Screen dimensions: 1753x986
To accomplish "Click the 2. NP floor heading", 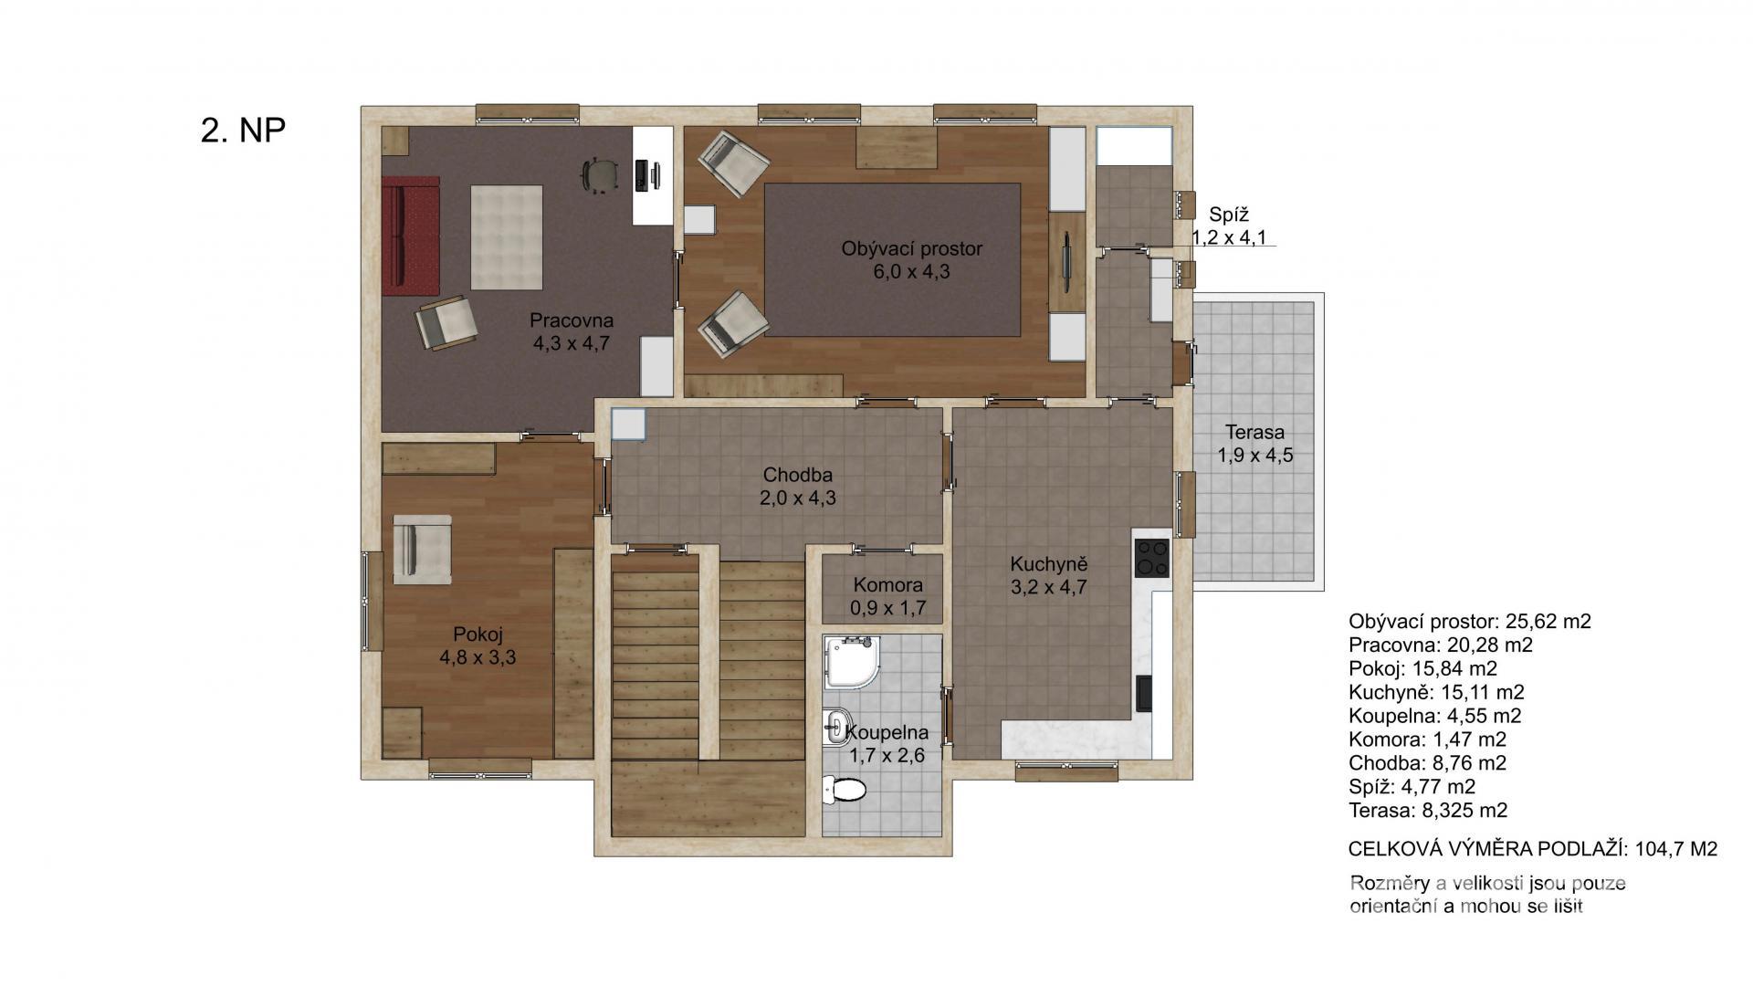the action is click(x=243, y=131).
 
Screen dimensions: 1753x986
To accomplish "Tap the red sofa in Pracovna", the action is click(x=411, y=236).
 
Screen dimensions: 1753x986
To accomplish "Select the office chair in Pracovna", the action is click(x=597, y=175).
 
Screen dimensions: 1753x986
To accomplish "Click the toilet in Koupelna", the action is click(x=844, y=789).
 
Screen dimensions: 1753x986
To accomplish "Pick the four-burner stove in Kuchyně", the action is click(x=1152, y=558).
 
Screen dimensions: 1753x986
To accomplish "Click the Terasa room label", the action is click(x=1254, y=432).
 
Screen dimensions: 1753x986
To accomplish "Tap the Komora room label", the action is click(x=887, y=584).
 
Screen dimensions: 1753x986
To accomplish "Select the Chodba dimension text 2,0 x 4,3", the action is click(x=798, y=498).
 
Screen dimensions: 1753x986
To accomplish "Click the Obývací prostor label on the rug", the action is click(x=912, y=248).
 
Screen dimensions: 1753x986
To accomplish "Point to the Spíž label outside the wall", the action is click(x=1229, y=215).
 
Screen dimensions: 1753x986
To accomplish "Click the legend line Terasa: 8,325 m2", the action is click(x=1428, y=810).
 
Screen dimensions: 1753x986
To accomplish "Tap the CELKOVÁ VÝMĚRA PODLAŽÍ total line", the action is click(x=1533, y=849).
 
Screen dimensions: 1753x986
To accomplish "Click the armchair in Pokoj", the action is click(x=422, y=549).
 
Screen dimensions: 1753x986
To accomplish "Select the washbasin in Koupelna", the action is click(x=837, y=728).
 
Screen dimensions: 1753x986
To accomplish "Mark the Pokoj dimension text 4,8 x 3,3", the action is click(x=478, y=657).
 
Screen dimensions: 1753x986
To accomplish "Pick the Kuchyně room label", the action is click(x=1048, y=563).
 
